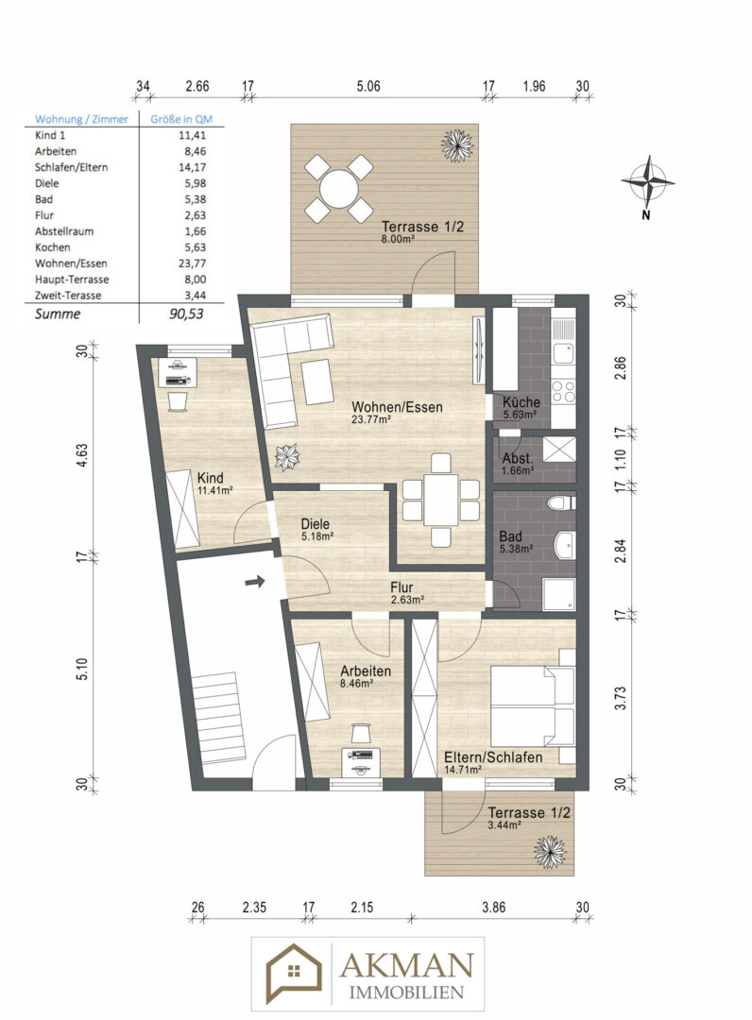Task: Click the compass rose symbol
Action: click(647, 181)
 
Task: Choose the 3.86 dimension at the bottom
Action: click(493, 908)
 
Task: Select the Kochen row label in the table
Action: click(53, 246)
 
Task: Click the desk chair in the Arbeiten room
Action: click(360, 733)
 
